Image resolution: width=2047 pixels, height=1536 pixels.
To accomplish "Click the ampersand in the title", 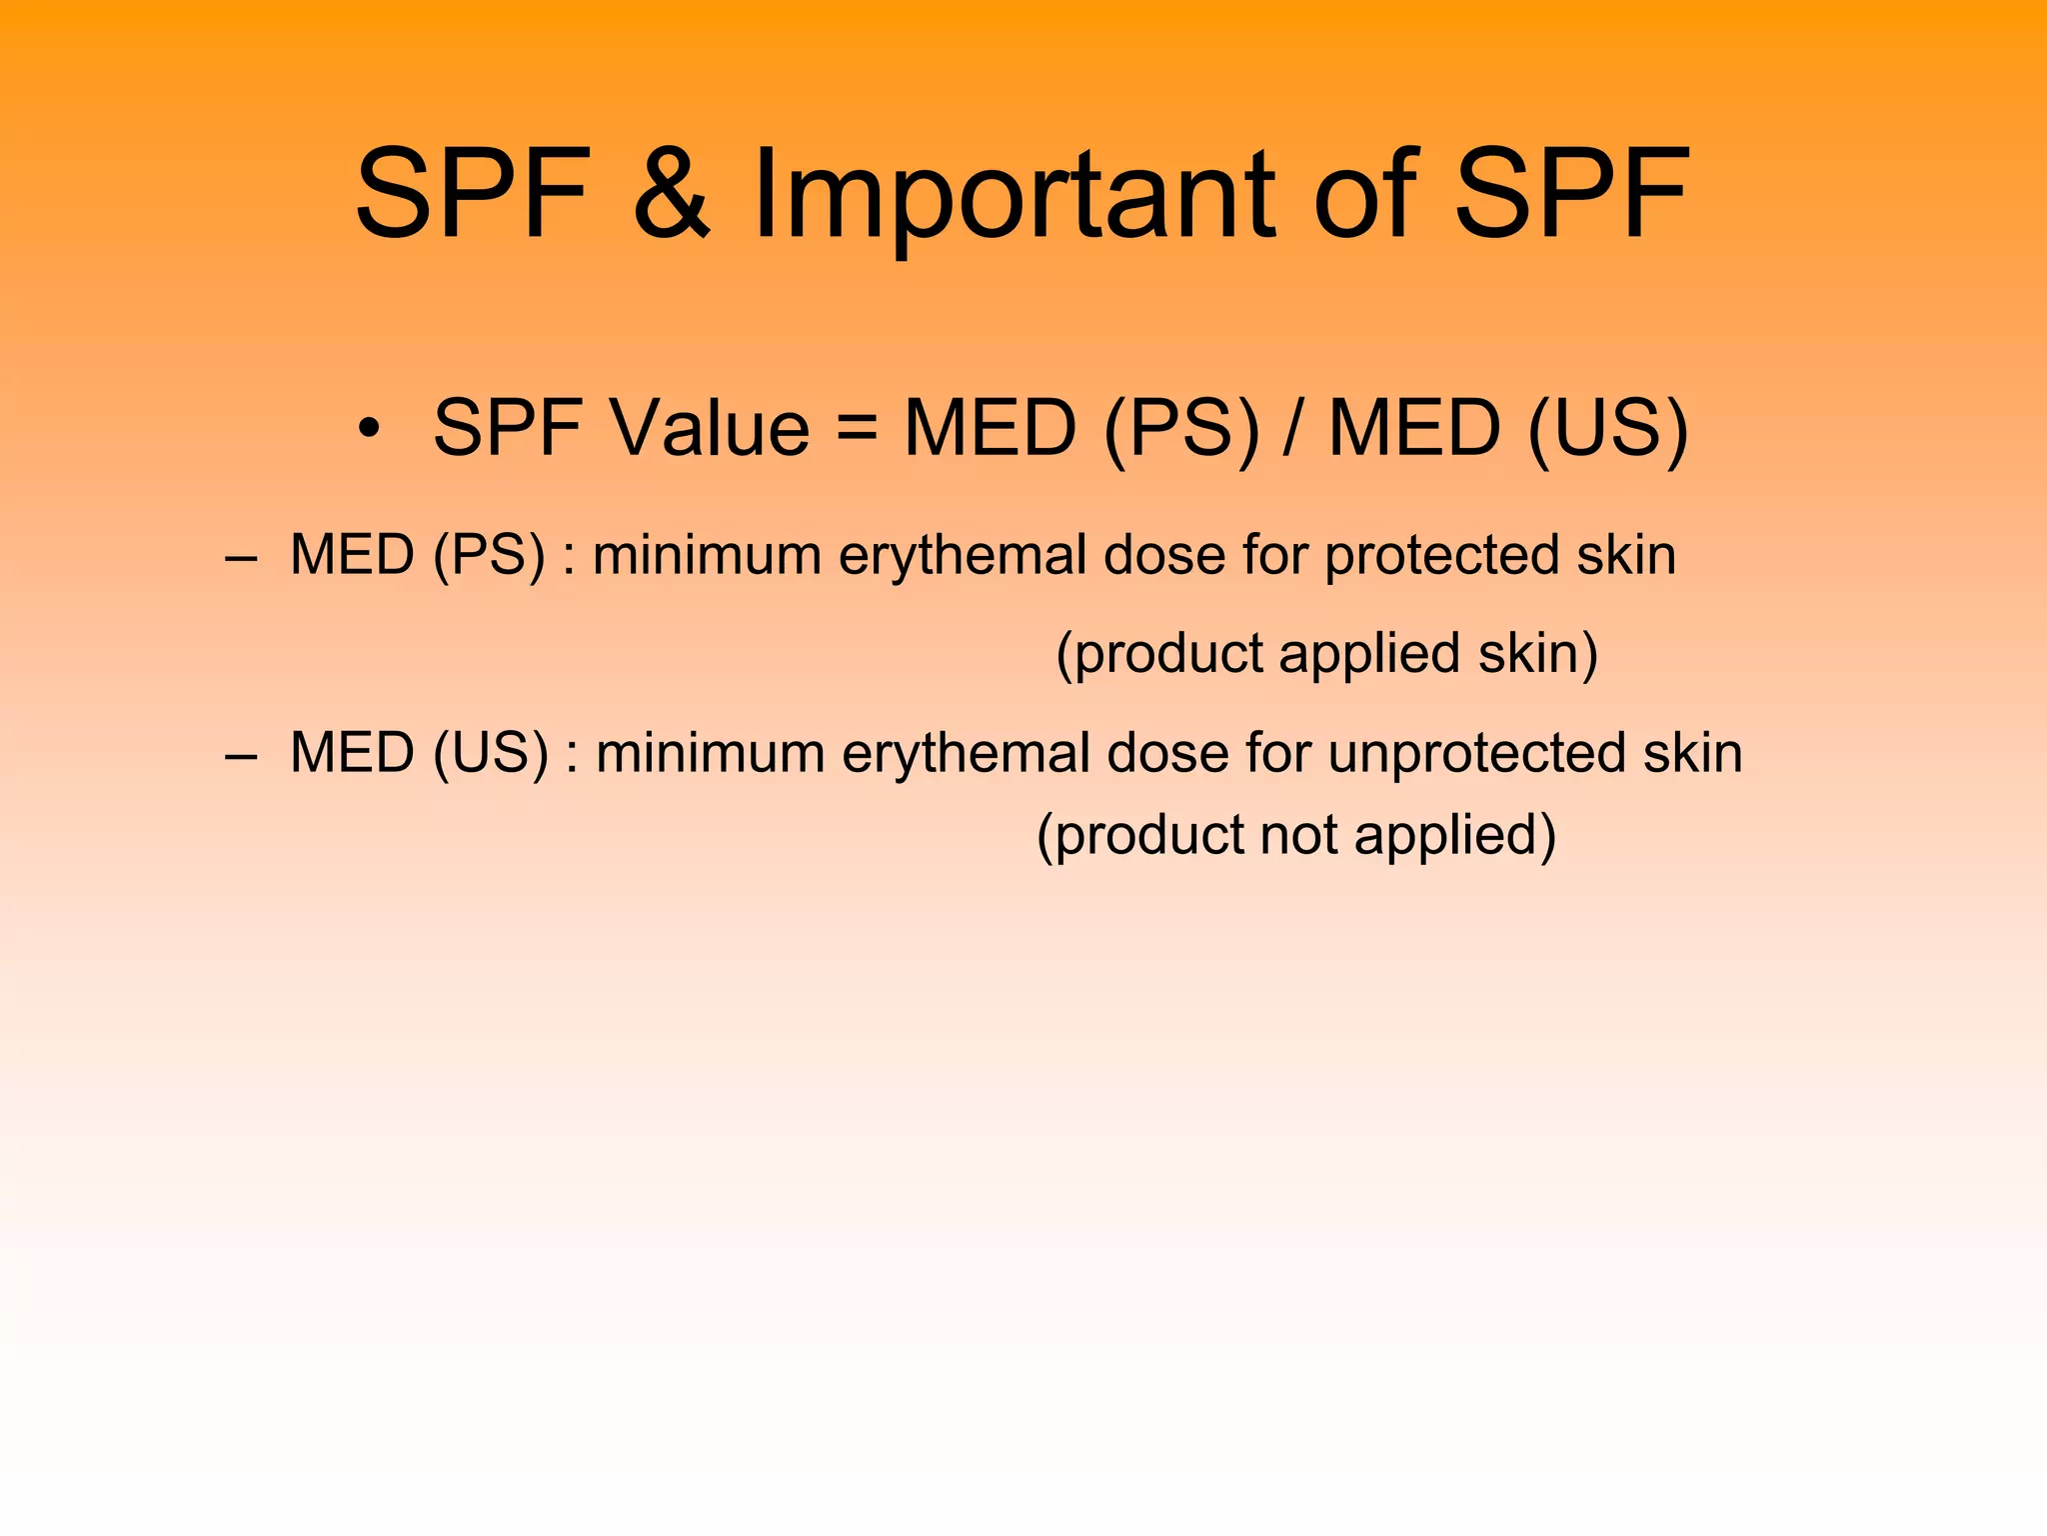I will click(x=672, y=193).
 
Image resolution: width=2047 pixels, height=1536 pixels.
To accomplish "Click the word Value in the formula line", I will click(x=711, y=428).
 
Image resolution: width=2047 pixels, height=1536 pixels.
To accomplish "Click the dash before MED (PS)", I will click(x=240, y=557).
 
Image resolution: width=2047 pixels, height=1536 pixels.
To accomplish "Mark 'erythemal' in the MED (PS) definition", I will click(x=962, y=557).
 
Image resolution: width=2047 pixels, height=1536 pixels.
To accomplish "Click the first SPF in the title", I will click(x=473, y=193).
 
